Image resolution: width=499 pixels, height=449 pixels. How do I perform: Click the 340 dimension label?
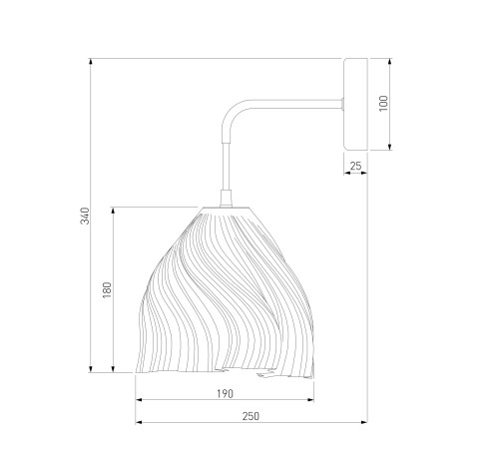point(85,216)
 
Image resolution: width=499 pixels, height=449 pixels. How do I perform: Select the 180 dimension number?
point(107,289)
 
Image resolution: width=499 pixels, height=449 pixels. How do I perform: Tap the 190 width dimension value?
point(225,394)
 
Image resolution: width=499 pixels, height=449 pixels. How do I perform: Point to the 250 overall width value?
point(250,416)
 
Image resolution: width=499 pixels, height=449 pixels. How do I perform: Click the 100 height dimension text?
point(383,104)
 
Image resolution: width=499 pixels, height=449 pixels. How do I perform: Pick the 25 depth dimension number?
point(355,166)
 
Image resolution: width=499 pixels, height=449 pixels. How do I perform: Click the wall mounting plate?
point(355,104)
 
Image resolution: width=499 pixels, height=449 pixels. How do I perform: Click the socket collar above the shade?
point(226,199)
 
